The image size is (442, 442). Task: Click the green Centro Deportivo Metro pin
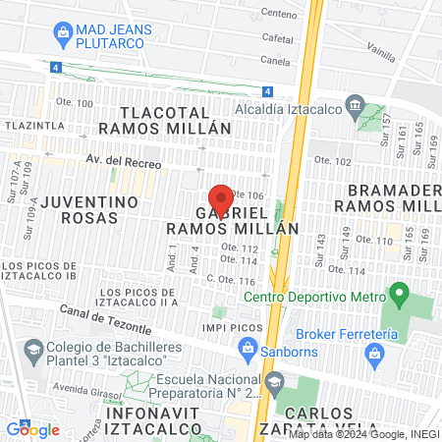pyautogui.click(x=399, y=293)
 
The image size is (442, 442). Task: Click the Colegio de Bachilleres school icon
pyautogui.click(x=32, y=351)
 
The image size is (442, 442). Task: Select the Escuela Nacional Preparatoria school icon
pyautogui.click(x=274, y=380)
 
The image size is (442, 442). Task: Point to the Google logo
pyautogui.click(x=32, y=429)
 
